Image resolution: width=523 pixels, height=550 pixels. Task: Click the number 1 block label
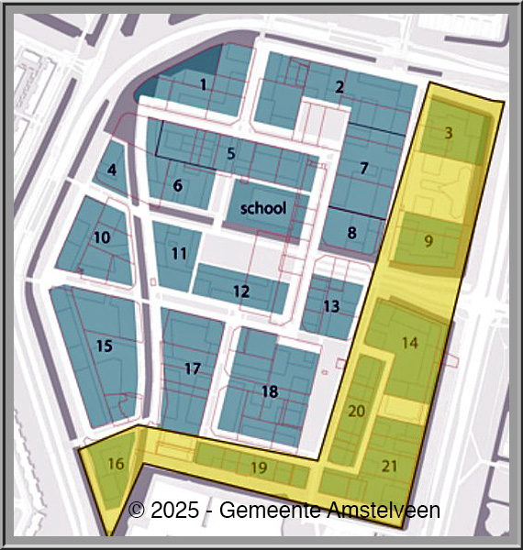pos(203,85)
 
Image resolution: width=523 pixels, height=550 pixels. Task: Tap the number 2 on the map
pos(339,88)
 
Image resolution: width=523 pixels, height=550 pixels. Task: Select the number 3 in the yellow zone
pos(448,133)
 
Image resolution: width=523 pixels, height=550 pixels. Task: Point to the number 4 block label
pos(112,170)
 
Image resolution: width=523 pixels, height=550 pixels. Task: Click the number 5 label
pos(231,154)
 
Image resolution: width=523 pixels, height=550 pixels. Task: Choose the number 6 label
pos(178,186)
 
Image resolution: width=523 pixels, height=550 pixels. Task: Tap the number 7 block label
pos(364,169)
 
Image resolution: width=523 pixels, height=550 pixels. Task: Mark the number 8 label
pos(351,233)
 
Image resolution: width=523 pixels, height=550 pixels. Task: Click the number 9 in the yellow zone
pos(428,242)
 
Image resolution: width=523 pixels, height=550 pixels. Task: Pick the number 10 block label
pos(102,237)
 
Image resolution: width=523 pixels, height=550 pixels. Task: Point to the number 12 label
pos(241,291)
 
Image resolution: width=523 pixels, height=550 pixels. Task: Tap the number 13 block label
pos(331,305)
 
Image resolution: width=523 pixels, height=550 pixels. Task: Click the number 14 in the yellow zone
pos(409,342)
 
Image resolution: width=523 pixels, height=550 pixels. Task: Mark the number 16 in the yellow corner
pos(115,463)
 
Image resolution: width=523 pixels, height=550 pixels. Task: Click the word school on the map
pos(263,208)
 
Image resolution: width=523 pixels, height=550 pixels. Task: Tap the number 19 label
pos(259,467)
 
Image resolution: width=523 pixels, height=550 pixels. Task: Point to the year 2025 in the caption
pos(173,510)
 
